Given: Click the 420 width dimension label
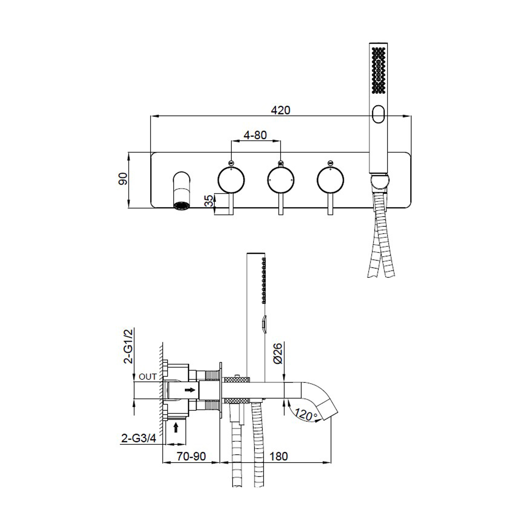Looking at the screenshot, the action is point(280,110).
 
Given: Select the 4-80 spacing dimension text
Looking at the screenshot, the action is point(255,135).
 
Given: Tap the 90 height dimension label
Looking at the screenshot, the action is point(123,179).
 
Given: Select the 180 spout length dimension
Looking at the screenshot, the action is point(279,456).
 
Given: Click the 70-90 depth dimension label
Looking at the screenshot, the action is point(191,456).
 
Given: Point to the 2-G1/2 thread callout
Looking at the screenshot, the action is point(128,346).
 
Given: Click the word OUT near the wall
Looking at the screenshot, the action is point(148,377).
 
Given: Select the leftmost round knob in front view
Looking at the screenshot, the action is point(231,180).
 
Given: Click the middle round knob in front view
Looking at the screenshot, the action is point(281,180).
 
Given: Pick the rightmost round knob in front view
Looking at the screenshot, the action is point(330,180).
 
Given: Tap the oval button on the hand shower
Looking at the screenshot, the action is point(379,114).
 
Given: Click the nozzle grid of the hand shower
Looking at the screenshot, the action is point(379,70).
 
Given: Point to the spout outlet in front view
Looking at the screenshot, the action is point(181,205).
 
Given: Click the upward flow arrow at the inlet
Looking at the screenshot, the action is point(176,427).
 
